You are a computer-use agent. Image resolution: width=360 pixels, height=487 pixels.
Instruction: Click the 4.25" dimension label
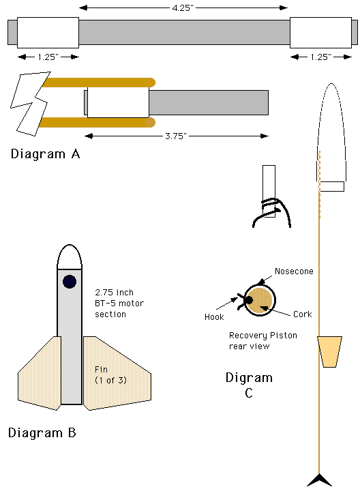183,8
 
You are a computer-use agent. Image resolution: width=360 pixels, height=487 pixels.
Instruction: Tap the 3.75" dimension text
176,136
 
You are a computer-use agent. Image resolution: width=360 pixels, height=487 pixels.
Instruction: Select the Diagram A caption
45,153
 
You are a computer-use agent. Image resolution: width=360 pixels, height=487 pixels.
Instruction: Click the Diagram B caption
42,432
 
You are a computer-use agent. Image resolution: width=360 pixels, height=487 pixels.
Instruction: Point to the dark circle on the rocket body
70,282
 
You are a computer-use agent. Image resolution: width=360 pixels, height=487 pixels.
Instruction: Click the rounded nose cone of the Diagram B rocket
70,256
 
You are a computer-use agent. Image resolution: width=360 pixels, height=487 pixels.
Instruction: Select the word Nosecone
294,271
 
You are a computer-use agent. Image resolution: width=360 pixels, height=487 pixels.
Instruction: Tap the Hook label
214,316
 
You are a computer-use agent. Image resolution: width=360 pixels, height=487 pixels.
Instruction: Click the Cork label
303,314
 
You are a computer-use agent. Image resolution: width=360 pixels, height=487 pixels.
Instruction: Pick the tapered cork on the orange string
329,351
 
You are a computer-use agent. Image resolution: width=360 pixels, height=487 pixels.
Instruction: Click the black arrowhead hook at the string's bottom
319,480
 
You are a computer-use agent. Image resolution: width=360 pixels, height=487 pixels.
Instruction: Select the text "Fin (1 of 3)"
110,374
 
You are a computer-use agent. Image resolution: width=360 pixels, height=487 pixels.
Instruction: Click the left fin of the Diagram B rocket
40,372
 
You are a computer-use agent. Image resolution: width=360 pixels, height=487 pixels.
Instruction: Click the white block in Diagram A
118,102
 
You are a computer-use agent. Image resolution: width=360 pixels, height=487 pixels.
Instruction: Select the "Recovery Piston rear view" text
263,341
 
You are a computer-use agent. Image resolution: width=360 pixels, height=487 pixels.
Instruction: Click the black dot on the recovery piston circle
249,300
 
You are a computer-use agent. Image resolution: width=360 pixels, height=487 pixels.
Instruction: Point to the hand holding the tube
271,213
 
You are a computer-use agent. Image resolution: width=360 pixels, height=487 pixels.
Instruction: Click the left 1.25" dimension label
48,57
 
